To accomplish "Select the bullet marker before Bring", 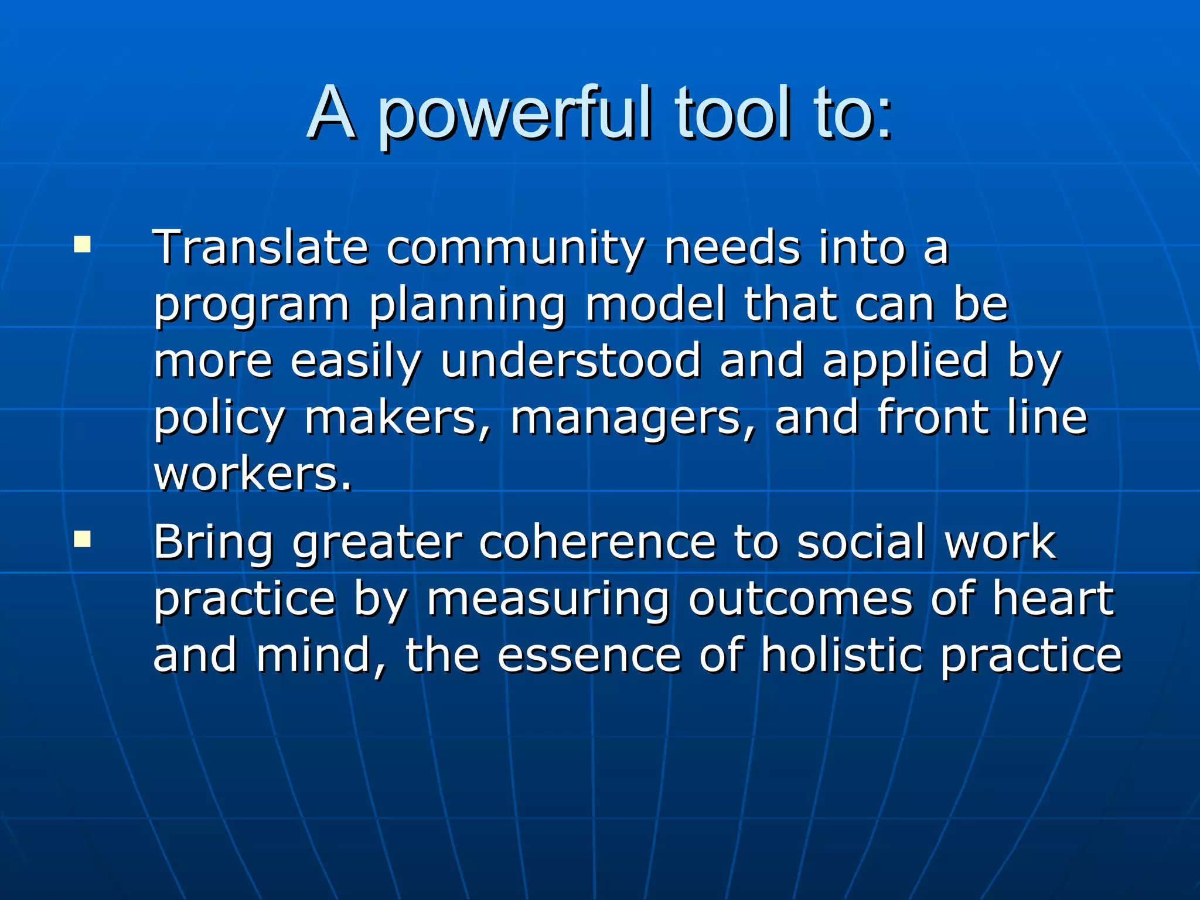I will click(x=82, y=538).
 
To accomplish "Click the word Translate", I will click(x=260, y=248).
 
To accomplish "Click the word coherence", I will click(x=597, y=542).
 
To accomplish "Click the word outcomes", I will click(x=800, y=599).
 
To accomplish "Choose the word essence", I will click(x=589, y=655).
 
